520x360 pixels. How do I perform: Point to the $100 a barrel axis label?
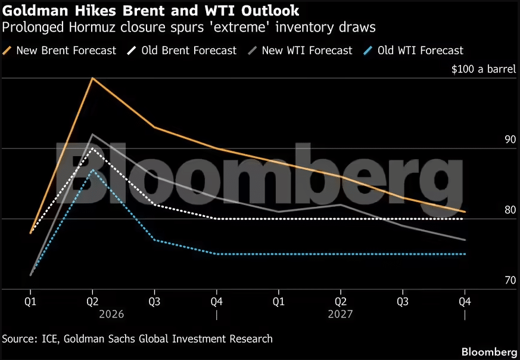click(483, 69)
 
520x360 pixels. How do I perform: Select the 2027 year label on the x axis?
click(341, 314)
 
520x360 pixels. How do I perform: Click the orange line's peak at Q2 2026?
click(92, 78)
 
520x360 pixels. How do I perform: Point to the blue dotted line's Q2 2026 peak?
click(92, 170)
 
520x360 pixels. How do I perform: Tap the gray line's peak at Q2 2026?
click(92, 135)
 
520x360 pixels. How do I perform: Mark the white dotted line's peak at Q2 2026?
click(92, 148)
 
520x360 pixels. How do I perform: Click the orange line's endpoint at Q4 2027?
click(465, 212)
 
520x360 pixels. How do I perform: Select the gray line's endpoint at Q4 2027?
click(465, 240)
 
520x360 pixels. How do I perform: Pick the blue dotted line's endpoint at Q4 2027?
click(465, 254)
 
